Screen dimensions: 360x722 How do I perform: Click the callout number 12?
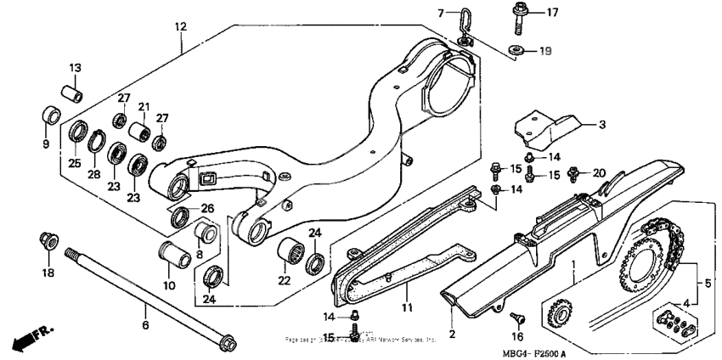pyautogui.click(x=179, y=27)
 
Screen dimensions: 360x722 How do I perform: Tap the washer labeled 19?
pyautogui.click(x=515, y=50)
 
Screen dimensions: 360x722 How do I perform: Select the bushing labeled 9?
pyautogui.click(x=52, y=115)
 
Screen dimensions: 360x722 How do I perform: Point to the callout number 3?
pyautogui.click(x=601, y=125)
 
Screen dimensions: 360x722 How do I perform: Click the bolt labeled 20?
pyautogui.click(x=573, y=172)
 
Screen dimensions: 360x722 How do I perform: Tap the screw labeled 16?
pyautogui.click(x=516, y=318)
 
